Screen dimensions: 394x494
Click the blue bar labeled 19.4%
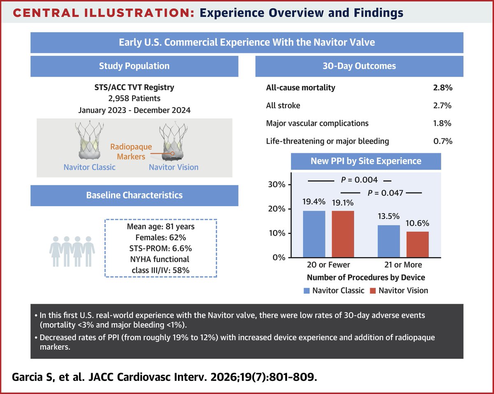click(314, 234)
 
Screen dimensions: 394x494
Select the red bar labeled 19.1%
click(343, 234)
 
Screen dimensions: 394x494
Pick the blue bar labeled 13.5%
click(389, 241)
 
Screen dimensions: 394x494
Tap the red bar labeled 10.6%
click(417, 245)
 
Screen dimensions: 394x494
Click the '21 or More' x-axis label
click(403, 265)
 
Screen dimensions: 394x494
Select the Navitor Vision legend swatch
click(373, 291)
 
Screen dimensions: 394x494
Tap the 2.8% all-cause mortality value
click(443, 88)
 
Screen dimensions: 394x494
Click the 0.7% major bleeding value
click(443, 141)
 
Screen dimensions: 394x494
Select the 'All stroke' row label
click(283, 106)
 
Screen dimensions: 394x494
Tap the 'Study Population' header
click(134, 66)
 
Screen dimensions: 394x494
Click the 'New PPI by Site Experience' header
click(366, 160)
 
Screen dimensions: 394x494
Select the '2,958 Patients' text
click(134, 99)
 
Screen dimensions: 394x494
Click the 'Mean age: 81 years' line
click(161, 226)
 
